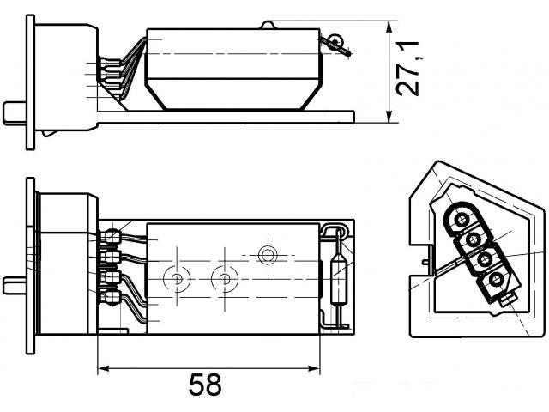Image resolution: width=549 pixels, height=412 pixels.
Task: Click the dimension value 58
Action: tap(205, 385)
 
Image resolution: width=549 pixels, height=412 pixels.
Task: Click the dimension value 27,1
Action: tap(408, 69)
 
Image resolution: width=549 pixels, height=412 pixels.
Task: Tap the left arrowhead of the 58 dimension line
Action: tap(104, 368)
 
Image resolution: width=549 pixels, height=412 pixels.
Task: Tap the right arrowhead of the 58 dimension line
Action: tap(313, 368)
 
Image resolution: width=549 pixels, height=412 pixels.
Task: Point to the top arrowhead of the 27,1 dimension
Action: tap(389, 27)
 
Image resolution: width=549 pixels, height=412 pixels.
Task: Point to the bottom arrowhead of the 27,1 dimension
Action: tap(389, 117)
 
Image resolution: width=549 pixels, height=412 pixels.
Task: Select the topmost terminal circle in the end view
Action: tap(461, 220)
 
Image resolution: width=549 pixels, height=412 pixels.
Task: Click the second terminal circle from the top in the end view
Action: tap(473, 240)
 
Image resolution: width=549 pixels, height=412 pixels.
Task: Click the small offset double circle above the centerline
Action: tap(268, 255)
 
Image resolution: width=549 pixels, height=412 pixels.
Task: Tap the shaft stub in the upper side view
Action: tap(15, 113)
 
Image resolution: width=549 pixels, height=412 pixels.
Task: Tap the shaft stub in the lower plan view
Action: tap(15, 286)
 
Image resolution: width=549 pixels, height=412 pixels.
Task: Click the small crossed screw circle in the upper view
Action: tap(336, 40)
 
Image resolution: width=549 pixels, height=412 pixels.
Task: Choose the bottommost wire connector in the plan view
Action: tap(111, 298)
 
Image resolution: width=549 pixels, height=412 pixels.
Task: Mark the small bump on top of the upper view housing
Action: tap(267, 25)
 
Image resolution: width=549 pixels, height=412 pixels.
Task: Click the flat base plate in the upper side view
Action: tap(226, 117)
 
